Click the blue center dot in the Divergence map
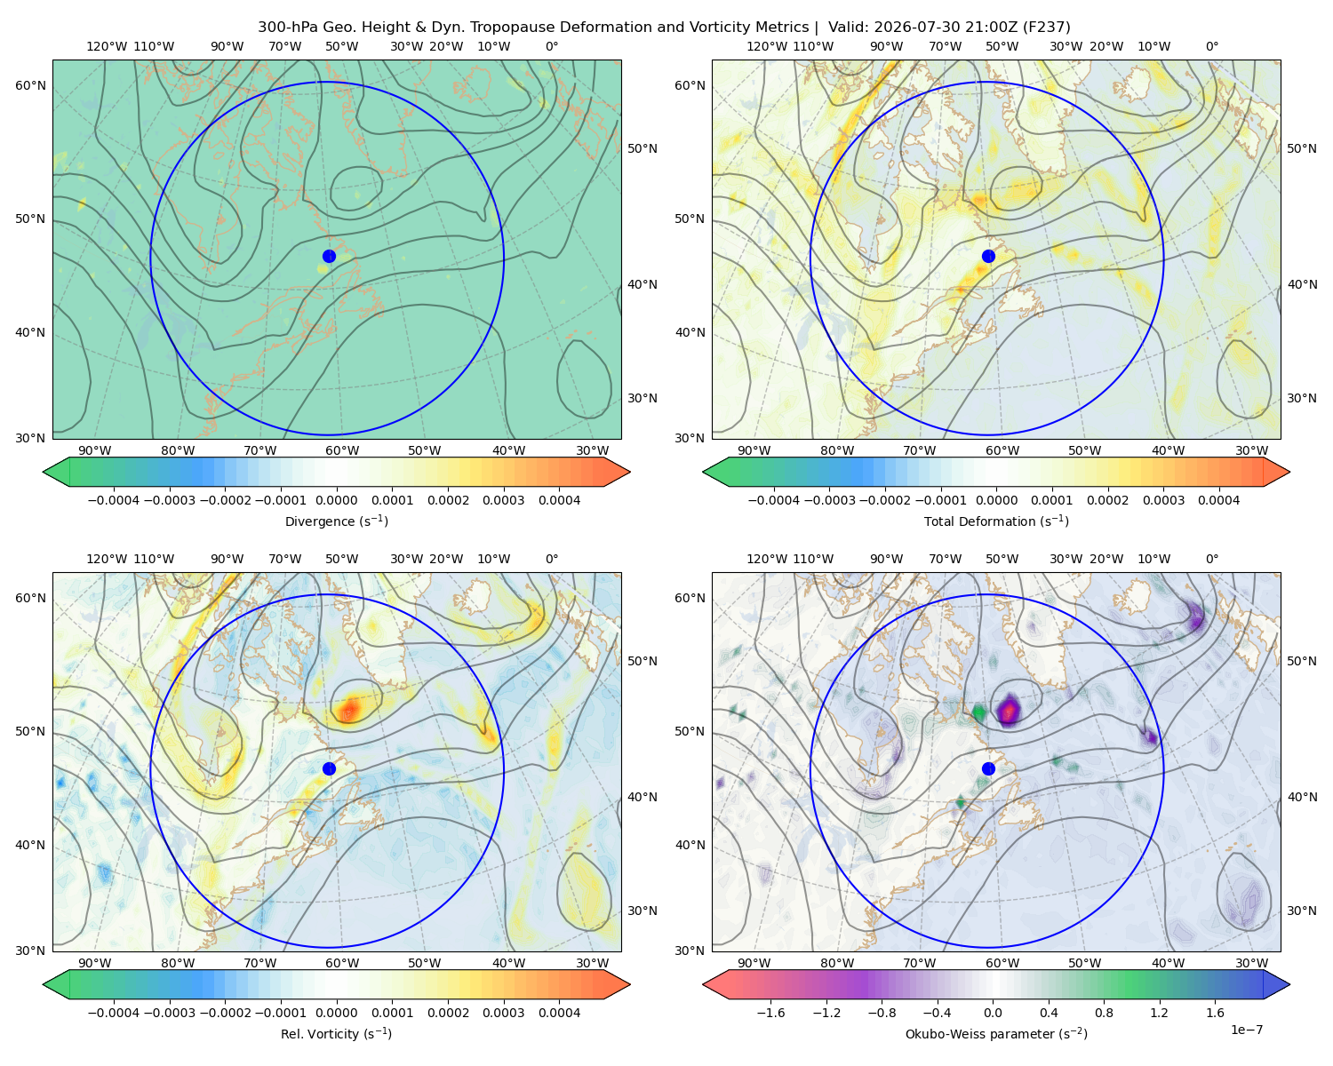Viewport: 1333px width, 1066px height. point(329,256)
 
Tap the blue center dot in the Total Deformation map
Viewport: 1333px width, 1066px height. point(988,256)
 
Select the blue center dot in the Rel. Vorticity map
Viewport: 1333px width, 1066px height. point(329,768)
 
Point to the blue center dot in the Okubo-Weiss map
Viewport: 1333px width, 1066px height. point(988,768)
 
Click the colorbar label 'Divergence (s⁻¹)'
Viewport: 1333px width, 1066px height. point(336,521)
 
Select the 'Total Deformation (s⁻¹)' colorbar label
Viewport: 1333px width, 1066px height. point(996,521)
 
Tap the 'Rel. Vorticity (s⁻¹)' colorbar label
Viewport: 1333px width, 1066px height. point(336,1033)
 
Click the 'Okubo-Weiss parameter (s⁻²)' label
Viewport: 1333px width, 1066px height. point(996,1033)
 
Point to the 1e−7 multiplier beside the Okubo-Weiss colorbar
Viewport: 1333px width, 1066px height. point(1246,1030)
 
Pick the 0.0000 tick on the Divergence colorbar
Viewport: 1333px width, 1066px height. point(336,500)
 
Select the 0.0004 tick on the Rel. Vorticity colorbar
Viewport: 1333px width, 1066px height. point(559,1013)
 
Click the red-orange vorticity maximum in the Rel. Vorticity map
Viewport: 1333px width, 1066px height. point(350,708)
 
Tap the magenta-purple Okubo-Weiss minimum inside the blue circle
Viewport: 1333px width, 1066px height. point(1009,711)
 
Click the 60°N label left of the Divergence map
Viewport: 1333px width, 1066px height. point(30,85)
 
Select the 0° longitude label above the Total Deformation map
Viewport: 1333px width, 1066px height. point(1211,46)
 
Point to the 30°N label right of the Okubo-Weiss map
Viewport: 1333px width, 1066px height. point(1302,911)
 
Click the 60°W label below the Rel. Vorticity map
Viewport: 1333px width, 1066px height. point(342,963)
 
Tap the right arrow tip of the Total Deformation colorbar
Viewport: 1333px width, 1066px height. point(1289,472)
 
